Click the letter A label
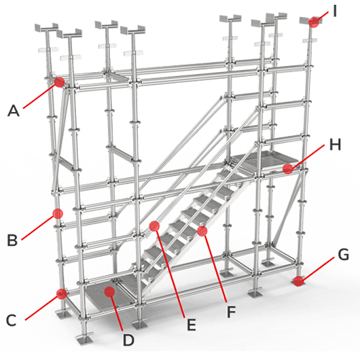14,111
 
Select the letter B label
12,240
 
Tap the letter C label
12,321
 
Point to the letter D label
128,340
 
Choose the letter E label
192,325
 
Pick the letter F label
231,312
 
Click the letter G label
343,255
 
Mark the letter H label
335,145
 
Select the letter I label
335,11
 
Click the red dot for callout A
59,82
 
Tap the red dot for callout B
58,213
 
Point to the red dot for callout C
62,294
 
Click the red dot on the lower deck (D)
109,291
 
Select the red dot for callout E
154,226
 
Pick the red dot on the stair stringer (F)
202,231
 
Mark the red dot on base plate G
298,281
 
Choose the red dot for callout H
288,168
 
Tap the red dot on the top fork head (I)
314,22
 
